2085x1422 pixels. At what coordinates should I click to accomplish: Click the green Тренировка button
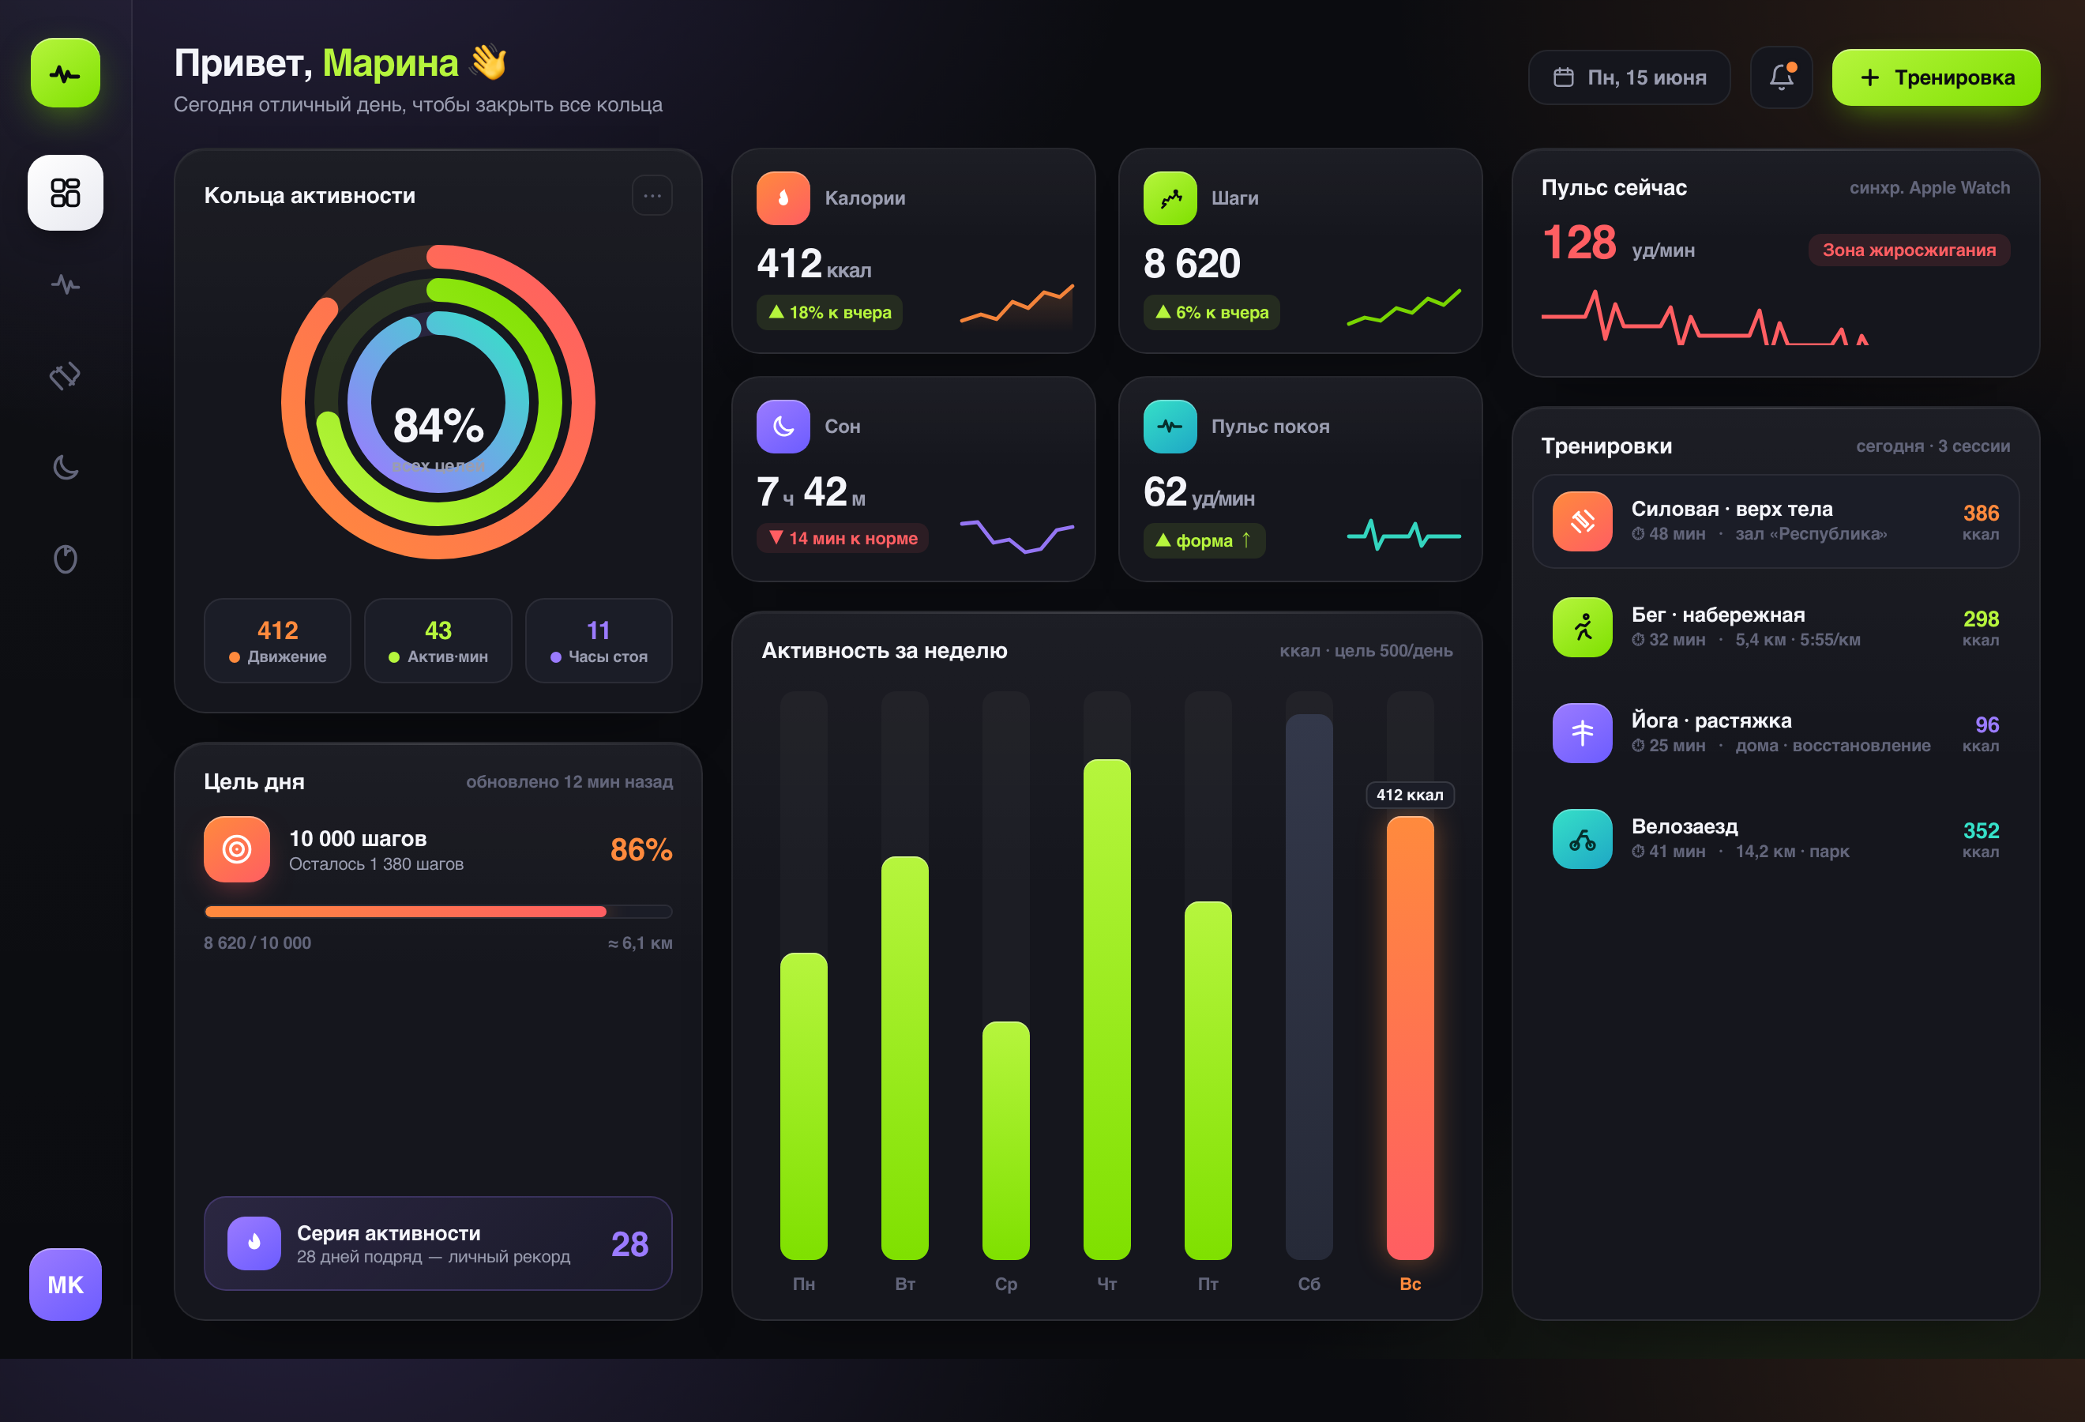click(x=1935, y=77)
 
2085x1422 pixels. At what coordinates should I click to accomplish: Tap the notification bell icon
click(x=1781, y=77)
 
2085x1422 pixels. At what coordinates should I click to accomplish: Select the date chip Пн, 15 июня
click(x=1629, y=77)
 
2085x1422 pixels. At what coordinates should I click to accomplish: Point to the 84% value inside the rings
click(x=438, y=425)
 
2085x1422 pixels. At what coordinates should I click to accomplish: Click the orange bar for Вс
click(x=1410, y=1037)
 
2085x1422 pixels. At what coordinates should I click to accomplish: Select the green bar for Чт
click(x=1106, y=1010)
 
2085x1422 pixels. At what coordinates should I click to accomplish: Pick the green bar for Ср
click(x=1005, y=1140)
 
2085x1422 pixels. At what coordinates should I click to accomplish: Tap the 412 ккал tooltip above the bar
click(x=1410, y=795)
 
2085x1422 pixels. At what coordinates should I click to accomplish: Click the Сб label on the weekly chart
click(x=1309, y=1284)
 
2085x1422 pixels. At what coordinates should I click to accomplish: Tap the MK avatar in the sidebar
click(x=66, y=1284)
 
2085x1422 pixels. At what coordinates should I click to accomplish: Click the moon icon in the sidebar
click(x=66, y=468)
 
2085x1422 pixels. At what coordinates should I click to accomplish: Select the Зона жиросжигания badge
click(x=1908, y=250)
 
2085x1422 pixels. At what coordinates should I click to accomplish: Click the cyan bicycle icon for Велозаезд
click(x=1582, y=839)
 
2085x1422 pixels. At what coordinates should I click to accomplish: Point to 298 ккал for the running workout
click(x=1980, y=627)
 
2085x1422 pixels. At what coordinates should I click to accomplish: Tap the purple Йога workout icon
click(x=1582, y=733)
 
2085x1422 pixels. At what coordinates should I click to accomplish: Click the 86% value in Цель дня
click(x=641, y=849)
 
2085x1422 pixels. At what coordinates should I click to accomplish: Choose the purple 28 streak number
click(x=629, y=1243)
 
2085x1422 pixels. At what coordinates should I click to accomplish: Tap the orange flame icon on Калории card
click(x=783, y=197)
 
